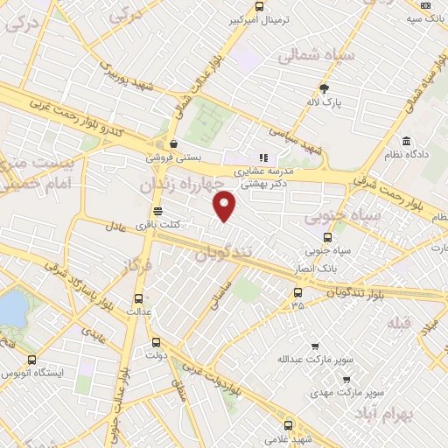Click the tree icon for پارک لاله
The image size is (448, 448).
(x=325, y=88)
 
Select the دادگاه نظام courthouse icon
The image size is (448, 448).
(x=406, y=142)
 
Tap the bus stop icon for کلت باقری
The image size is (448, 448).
(x=157, y=211)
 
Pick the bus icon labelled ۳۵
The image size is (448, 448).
(x=298, y=293)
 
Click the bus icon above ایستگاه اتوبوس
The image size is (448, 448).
(x=32, y=359)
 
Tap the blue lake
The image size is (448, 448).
(x=11, y=308)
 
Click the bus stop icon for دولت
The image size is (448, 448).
(x=156, y=342)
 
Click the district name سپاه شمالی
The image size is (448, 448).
(x=315, y=56)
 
